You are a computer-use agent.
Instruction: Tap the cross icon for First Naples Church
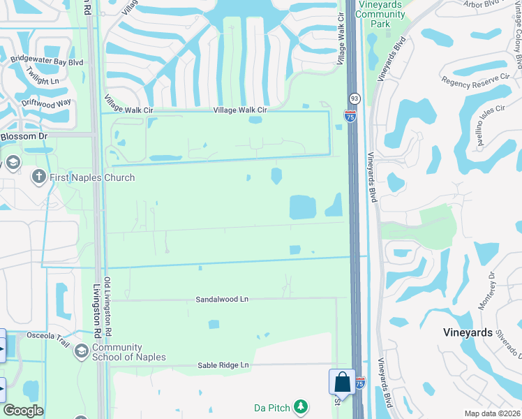pos(39,177)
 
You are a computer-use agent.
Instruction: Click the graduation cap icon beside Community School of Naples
pos(82,351)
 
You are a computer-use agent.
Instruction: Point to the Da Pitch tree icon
pos(301,406)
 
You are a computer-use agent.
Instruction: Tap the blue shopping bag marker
pos(342,383)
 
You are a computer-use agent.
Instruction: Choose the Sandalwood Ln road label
pos(222,299)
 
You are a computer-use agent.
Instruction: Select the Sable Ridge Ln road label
pos(223,365)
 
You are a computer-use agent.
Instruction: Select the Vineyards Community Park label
pos(380,15)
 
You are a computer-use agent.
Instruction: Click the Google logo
pos(23,411)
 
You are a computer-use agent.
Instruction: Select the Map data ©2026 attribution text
pos(492,413)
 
